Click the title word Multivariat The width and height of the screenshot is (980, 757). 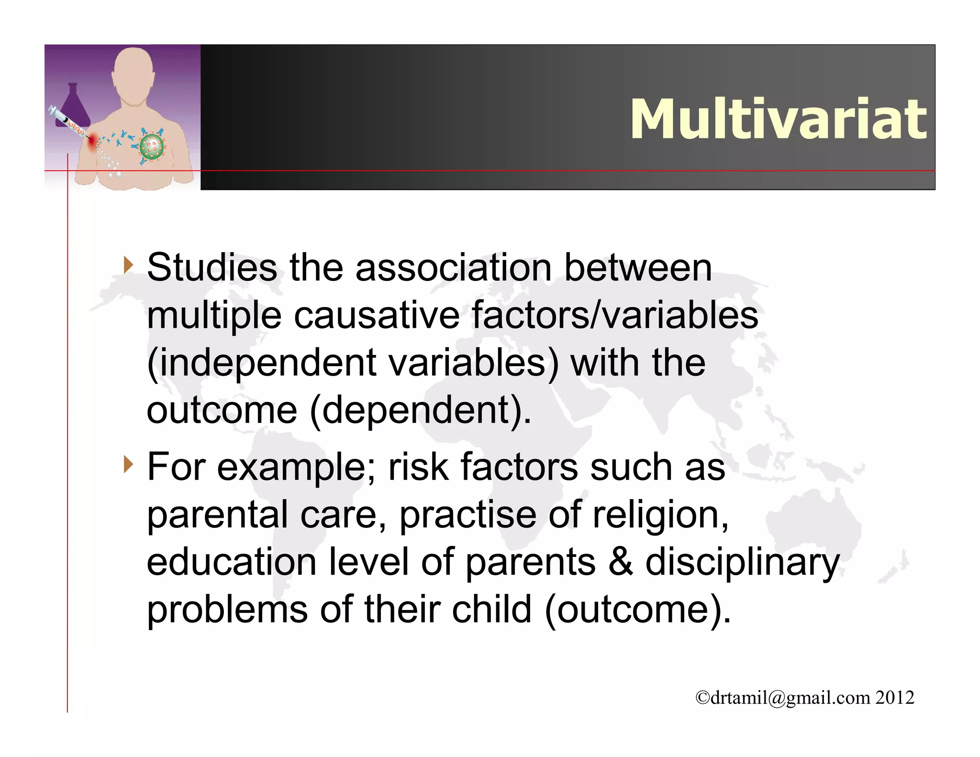[779, 119]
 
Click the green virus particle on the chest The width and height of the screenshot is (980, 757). [152, 147]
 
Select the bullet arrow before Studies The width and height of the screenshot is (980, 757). [128, 265]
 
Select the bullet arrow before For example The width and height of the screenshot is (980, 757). [128, 464]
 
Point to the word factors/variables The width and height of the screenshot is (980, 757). [614, 315]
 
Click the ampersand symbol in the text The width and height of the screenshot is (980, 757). [621, 562]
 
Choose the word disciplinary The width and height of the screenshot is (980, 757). [742, 563]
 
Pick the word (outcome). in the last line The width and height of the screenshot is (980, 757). [638, 610]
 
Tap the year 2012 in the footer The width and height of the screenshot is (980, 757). [895, 698]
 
